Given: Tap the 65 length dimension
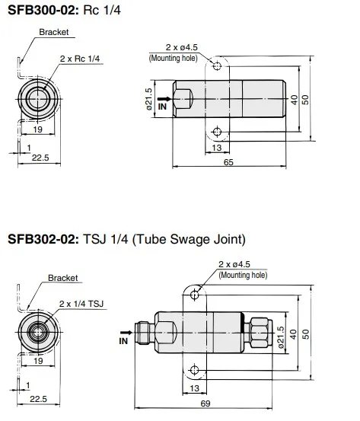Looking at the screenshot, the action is click(x=228, y=162).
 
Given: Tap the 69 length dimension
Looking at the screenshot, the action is click(x=205, y=403).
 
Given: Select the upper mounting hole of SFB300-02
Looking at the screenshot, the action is click(x=217, y=65).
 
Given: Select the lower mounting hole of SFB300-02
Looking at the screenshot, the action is click(x=217, y=132).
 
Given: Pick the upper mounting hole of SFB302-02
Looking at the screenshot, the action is click(x=195, y=295).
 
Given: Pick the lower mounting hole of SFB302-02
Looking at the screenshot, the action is click(x=194, y=370).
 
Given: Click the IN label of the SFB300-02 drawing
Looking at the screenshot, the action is click(x=162, y=107).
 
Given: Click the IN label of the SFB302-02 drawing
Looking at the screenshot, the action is click(x=123, y=341).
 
